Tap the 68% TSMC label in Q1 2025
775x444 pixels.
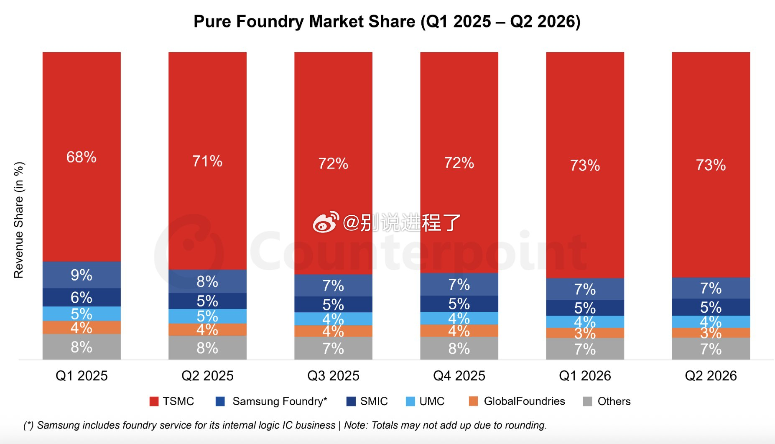[82, 157]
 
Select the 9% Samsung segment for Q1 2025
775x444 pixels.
[82, 275]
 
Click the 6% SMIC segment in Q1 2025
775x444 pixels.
[82, 297]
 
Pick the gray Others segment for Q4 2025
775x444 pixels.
[459, 348]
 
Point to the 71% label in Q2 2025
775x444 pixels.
[207, 161]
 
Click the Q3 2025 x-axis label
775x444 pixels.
[333, 375]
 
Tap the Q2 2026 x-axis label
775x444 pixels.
[711, 375]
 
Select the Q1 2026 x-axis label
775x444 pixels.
[585, 375]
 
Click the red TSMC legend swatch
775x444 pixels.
[154, 401]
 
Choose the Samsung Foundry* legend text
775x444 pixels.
[280, 401]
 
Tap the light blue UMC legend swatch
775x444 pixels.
[410, 401]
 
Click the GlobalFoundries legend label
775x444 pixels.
[524, 401]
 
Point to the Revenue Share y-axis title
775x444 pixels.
[19, 220]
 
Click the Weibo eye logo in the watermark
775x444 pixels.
[326, 222]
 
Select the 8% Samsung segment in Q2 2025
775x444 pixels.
[207, 281]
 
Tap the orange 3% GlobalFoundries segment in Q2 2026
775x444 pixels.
[711, 333]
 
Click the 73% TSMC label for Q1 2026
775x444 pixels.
[585, 165]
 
